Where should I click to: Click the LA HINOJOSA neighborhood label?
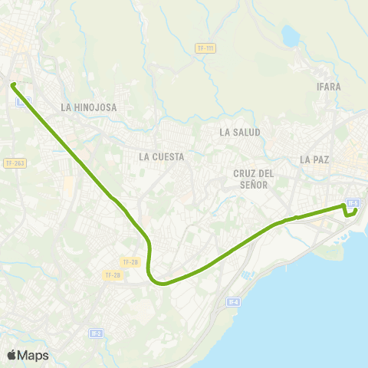point(89,108)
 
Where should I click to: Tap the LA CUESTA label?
point(162,156)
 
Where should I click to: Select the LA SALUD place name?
point(240,132)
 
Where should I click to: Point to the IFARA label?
point(328,87)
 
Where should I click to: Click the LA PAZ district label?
point(314,159)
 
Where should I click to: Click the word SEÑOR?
point(254,184)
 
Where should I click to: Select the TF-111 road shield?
point(205,48)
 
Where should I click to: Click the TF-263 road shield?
point(15,163)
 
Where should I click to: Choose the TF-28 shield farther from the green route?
point(112,274)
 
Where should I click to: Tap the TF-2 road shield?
point(96,333)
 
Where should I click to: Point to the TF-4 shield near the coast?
point(235,302)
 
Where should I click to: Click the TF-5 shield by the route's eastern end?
point(353,203)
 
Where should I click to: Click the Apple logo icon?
point(11,355)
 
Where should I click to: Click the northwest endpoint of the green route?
point(13,84)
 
